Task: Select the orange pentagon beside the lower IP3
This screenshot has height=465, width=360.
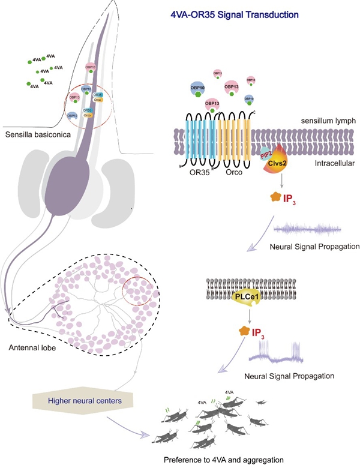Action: coord(243,331)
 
